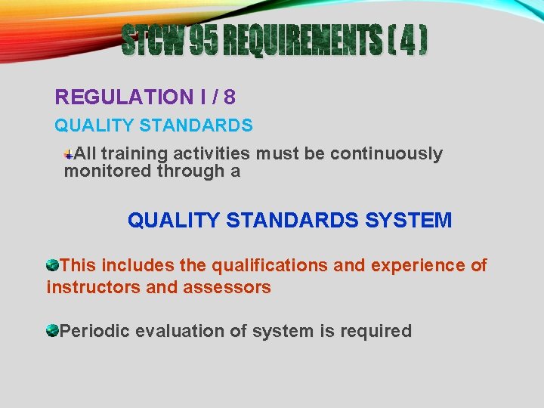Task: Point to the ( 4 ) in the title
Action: point(409,41)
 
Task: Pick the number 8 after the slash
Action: point(230,97)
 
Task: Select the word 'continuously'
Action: point(386,154)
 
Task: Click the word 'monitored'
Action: point(108,171)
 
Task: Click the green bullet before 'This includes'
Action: point(52,265)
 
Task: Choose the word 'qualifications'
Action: point(269,266)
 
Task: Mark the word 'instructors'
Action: point(93,287)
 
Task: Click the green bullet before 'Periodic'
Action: point(52,330)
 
